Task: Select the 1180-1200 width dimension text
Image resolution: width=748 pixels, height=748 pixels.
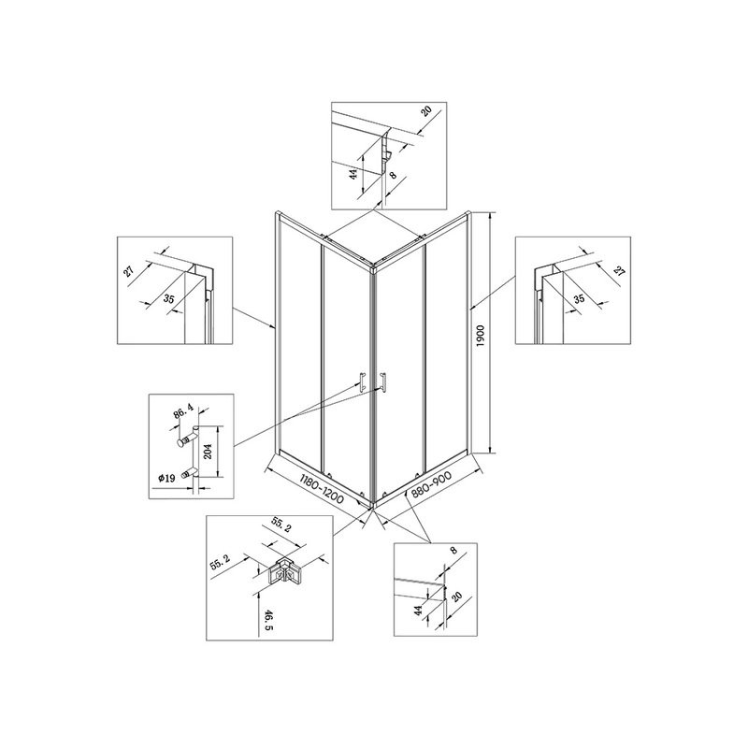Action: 322,490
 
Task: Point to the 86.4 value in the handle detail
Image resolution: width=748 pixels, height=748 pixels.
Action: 183,411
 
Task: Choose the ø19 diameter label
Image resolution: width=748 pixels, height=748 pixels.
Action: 166,478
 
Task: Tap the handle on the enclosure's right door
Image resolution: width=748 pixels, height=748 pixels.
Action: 382,383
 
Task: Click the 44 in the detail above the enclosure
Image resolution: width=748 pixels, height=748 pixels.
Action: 353,174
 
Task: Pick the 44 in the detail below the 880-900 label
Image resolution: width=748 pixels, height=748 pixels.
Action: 418,611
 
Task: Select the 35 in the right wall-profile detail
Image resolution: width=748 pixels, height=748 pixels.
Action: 579,299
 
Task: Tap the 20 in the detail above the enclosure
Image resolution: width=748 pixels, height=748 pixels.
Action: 426,110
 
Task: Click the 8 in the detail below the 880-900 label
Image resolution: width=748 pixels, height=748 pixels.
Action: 453,550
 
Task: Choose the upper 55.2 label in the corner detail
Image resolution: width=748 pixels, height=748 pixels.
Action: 281,525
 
